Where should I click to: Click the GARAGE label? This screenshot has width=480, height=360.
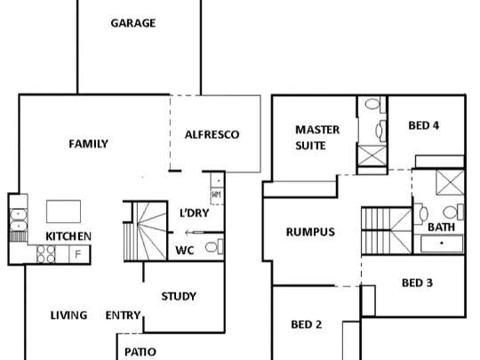click(133, 23)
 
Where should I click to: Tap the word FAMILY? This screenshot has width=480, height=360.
click(89, 144)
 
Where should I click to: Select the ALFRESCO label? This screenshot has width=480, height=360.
click(212, 135)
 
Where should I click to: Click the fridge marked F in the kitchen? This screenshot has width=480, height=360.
click(79, 254)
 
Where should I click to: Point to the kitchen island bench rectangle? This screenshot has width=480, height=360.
click(64, 212)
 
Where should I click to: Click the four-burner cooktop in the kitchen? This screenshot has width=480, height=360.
click(46, 254)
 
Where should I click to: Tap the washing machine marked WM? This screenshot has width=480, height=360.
click(216, 195)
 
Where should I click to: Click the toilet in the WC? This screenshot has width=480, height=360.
click(214, 247)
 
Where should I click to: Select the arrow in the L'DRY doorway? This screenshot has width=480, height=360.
click(194, 233)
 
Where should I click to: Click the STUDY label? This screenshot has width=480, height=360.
click(179, 296)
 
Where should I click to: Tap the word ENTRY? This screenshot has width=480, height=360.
click(123, 316)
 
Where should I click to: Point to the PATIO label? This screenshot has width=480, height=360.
click(140, 352)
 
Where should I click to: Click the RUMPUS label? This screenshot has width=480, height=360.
click(310, 232)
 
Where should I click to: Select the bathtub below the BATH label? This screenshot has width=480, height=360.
click(442, 244)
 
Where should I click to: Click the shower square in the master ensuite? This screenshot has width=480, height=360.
click(372, 156)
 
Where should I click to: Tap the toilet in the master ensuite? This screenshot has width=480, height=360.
click(376, 104)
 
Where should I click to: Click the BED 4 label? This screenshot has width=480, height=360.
click(424, 125)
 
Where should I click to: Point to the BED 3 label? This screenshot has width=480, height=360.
click(417, 284)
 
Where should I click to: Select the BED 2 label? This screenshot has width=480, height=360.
click(307, 324)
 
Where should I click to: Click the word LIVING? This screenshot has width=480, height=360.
click(68, 316)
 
